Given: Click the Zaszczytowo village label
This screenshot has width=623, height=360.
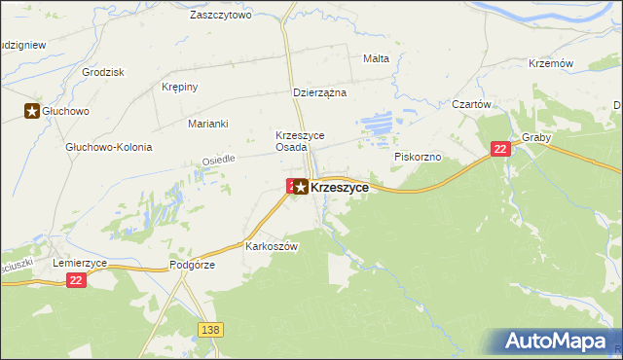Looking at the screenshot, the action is (x=221, y=16).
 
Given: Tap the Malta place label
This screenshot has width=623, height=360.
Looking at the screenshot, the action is (x=376, y=58).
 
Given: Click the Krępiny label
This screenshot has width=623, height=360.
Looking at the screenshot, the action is (x=179, y=87).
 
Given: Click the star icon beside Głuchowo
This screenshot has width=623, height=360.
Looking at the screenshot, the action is (x=32, y=112).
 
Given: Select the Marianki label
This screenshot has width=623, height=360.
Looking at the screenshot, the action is (x=207, y=124).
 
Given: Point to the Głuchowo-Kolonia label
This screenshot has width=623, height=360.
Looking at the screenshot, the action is (x=108, y=147).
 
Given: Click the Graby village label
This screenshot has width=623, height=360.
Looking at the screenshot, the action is (x=536, y=137).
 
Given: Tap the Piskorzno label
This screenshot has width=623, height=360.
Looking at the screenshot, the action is (x=418, y=156).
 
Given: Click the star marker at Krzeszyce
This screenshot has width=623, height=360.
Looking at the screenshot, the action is (x=302, y=187).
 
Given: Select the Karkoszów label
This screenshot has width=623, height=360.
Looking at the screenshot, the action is (x=271, y=246).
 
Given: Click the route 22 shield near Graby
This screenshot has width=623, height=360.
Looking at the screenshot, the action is (x=500, y=148).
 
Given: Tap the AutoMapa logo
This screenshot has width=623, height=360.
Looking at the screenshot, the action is (x=559, y=342).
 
